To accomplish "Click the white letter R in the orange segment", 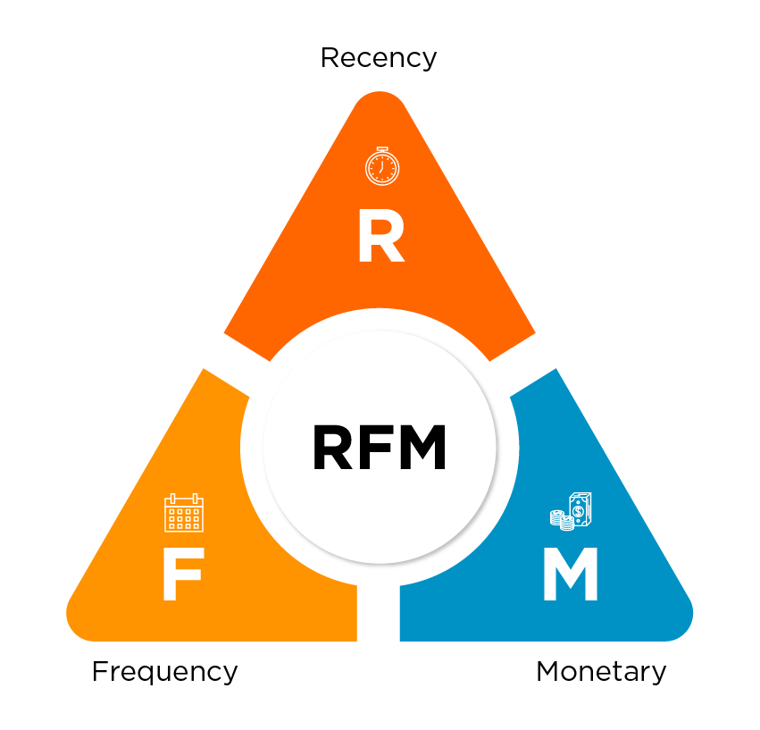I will [380, 239].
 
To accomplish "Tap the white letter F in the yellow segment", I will [182, 575].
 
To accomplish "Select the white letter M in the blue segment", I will [570, 575].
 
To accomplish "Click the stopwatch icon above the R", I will [381, 166].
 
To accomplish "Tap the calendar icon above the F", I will [184, 513].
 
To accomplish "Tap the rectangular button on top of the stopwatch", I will [381, 148].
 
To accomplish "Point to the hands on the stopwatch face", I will [381, 165].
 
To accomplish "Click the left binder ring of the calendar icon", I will [172, 498].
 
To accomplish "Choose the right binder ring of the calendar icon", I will [196, 498].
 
